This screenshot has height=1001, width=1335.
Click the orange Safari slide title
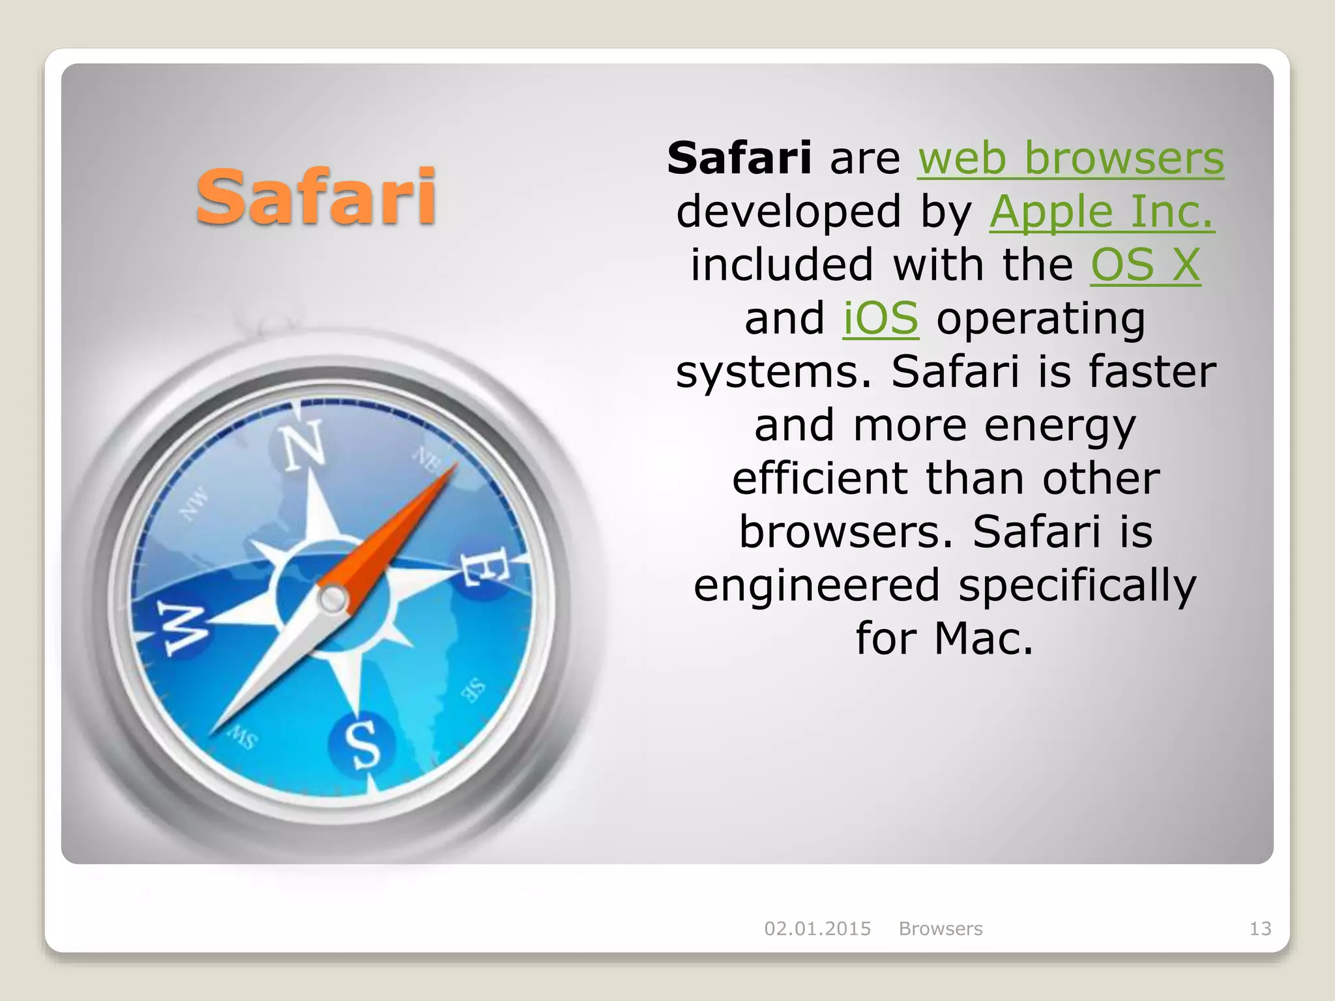(x=316, y=196)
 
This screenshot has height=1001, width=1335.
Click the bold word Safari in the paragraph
(x=739, y=158)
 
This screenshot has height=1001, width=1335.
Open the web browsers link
(x=1071, y=158)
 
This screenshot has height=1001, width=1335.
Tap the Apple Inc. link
(x=1102, y=212)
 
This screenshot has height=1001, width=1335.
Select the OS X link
(x=1145, y=265)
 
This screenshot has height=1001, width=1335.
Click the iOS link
(x=881, y=319)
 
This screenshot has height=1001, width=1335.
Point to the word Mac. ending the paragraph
(x=984, y=638)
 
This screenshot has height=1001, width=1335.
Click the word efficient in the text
(x=819, y=478)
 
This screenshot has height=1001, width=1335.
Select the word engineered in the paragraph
(x=817, y=585)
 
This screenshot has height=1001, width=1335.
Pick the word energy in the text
(x=1060, y=425)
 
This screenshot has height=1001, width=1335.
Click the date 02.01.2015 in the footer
(x=817, y=929)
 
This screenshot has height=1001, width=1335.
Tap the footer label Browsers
(x=940, y=929)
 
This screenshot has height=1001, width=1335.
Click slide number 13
(x=1260, y=929)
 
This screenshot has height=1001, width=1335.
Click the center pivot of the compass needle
(x=332, y=598)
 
